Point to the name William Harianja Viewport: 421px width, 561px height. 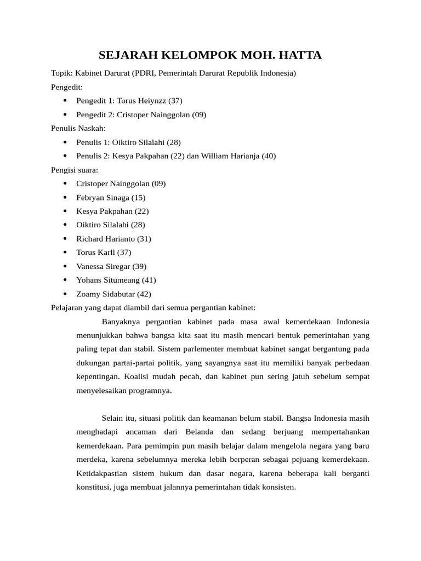point(230,156)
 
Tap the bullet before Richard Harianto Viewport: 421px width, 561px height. point(65,239)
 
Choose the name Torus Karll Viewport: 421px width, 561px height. point(96,253)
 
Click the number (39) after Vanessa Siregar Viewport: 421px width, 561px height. point(139,266)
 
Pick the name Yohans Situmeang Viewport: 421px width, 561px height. point(108,280)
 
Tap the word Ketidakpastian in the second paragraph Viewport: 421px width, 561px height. point(101,473)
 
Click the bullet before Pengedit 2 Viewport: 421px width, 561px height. point(65,115)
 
